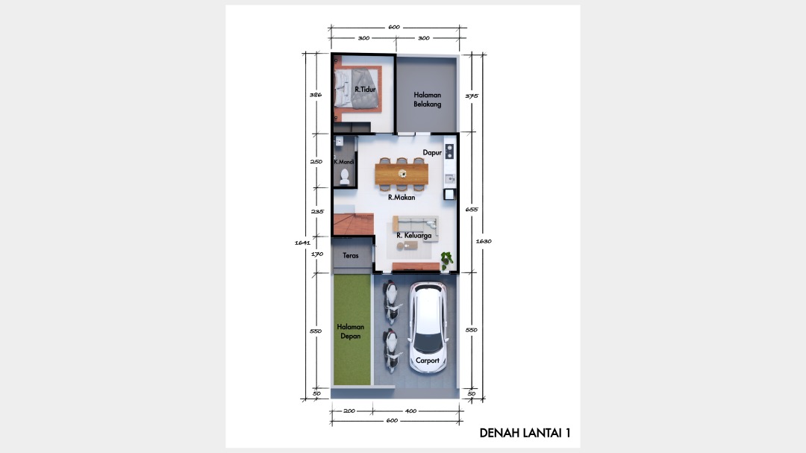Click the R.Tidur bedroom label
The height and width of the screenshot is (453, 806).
click(365, 90)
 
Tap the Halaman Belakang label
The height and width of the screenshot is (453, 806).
click(427, 99)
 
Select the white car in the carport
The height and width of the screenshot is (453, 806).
click(428, 327)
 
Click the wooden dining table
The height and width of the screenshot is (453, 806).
click(402, 174)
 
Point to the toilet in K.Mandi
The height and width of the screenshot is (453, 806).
click(344, 176)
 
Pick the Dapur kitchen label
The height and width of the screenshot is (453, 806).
click(432, 152)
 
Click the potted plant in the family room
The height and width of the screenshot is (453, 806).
click(446, 260)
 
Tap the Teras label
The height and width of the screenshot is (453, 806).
click(351, 255)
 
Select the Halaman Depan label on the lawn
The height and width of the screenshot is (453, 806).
click(351, 331)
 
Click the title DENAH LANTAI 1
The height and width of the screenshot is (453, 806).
click(525, 433)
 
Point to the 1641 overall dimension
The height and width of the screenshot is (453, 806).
click(302, 243)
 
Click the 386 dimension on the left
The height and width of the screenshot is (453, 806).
click(316, 95)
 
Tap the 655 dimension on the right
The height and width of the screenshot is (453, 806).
click(472, 209)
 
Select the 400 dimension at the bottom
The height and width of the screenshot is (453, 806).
click(410, 411)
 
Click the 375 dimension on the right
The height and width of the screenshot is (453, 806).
click(472, 96)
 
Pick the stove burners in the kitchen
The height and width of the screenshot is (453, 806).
click(450, 151)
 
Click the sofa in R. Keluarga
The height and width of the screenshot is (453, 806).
click(416, 225)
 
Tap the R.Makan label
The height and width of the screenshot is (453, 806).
click(402, 197)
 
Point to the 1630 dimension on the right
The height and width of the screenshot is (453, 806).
click(484, 240)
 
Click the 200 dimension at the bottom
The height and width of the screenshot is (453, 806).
click(349, 411)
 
